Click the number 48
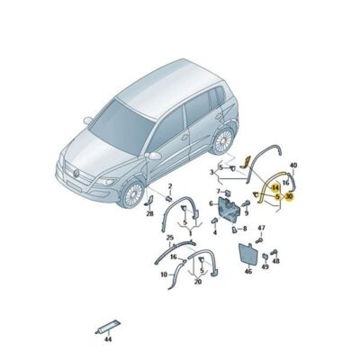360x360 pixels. (274, 262)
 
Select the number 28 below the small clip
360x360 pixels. (149, 214)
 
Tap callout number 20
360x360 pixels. (197, 282)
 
